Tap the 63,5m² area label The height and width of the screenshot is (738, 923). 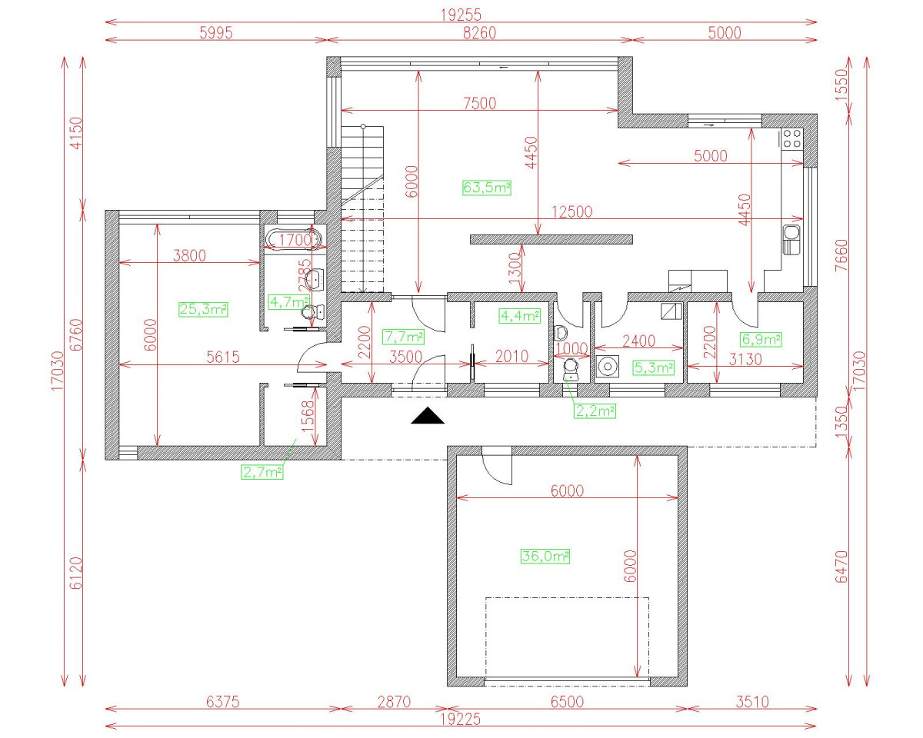[x=487, y=187]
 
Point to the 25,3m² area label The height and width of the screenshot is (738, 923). [x=203, y=309]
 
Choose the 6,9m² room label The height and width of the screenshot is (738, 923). [x=760, y=339]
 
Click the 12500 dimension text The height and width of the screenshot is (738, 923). [x=571, y=213]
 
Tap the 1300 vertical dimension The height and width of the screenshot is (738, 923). [x=515, y=268]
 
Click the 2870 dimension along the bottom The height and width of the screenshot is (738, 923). [x=394, y=701]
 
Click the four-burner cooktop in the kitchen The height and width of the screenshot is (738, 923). [x=791, y=138]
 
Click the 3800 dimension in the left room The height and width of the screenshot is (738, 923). [x=189, y=256]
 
